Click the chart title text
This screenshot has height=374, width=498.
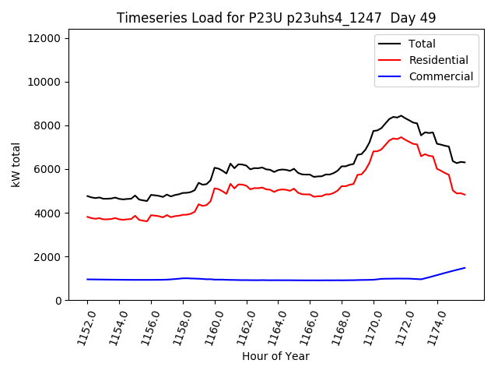tap(276, 17)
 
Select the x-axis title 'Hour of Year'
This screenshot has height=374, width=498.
tap(276, 356)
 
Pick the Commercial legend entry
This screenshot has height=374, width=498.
tap(440, 76)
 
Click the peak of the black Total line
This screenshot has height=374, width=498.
tap(402, 115)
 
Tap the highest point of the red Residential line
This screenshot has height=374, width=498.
tap(402, 137)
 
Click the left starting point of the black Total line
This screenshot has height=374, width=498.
tap(87, 196)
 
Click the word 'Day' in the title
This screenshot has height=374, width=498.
tap(392, 17)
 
